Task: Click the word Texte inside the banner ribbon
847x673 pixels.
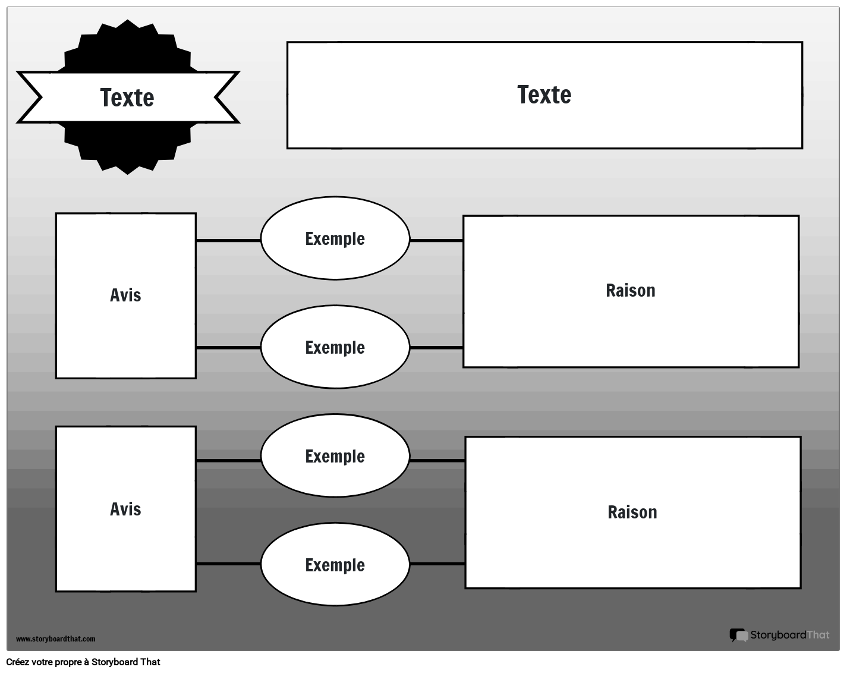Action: coord(127,98)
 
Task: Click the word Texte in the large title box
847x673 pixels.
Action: coord(544,95)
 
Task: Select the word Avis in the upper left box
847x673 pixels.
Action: coord(125,295)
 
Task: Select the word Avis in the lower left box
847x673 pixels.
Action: coord(125,509)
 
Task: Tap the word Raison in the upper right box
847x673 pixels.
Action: coord(631,290)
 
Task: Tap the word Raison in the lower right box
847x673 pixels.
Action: coord(632,512)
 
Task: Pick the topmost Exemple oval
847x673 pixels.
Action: coord(335,238)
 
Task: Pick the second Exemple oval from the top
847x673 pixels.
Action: coord(335,347)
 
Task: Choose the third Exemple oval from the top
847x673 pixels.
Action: coord(335,456)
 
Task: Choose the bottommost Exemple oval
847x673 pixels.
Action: coord(335,565)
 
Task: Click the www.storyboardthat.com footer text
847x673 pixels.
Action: coord(55,639)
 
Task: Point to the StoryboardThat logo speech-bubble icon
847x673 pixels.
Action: coord(739,635)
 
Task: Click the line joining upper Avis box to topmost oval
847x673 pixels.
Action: coord(228,240)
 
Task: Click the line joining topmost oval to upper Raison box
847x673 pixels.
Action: coord(436,240)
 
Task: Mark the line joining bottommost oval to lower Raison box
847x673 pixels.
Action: coord(437,563)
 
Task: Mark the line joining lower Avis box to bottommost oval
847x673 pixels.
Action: coord(228,563)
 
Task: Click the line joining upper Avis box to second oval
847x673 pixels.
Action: coord(228,347)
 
